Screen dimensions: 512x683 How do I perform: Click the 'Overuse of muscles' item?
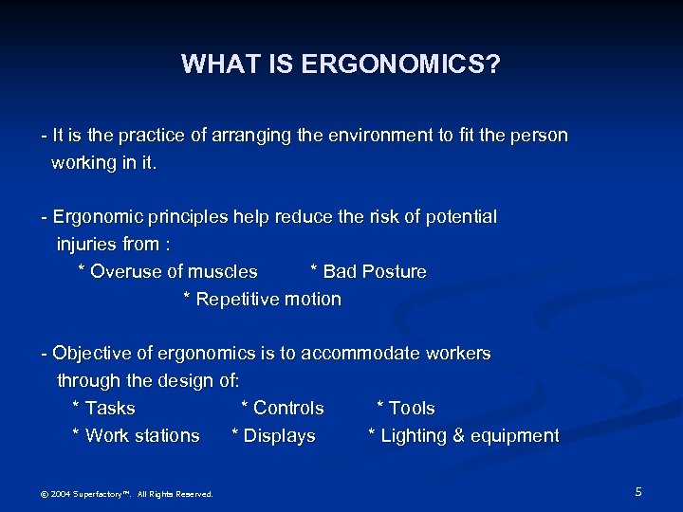pos(173,272)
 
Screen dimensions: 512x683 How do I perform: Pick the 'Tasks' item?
pos(109,409)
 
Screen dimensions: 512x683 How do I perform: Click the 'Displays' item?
pos(279,436)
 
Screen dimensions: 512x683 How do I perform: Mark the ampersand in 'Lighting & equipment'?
pos(452,436)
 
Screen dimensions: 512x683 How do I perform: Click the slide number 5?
pos(638,491)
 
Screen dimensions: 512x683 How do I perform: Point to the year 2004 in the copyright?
pos(60,494)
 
